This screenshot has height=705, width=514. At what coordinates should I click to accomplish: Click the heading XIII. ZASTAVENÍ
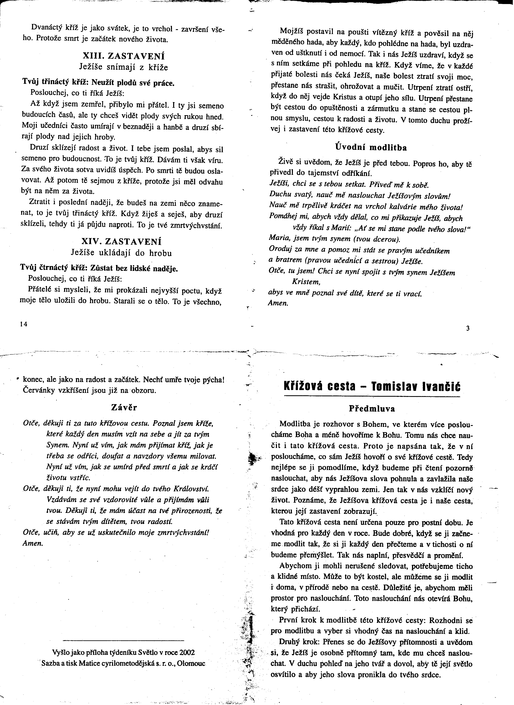tap(124, 56)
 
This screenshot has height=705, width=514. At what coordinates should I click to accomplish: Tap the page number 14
tap(24, 324)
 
